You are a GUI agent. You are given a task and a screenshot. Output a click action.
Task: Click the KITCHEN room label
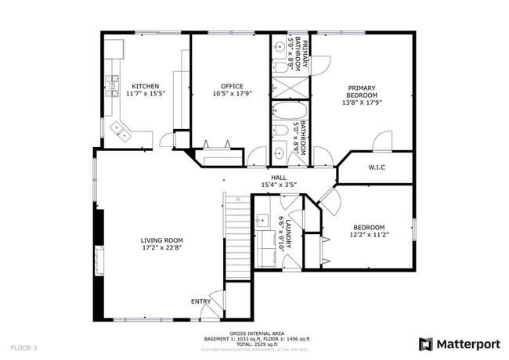point(145,86)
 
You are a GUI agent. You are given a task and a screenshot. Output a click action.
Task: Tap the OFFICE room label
point(231,86)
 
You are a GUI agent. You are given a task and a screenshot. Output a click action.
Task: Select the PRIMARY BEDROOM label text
point(362,91)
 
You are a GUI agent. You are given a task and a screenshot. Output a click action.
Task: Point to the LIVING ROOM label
point(161,240)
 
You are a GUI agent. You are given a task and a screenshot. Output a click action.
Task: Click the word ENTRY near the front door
point(200,301)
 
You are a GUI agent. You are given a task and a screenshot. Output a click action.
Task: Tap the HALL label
point(278,178)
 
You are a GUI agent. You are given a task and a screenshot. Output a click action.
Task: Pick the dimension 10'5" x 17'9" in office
point(231,94)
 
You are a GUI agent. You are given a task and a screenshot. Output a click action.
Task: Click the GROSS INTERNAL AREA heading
point(252,333)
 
